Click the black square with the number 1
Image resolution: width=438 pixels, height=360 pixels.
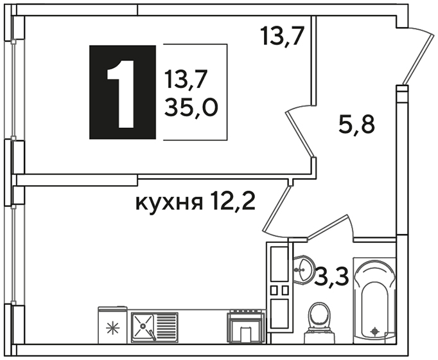123,92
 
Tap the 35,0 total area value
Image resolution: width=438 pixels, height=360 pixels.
191,108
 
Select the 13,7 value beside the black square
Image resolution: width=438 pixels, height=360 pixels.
186,79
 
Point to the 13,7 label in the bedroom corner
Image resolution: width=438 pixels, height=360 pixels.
282,35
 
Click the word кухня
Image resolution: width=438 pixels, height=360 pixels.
169,203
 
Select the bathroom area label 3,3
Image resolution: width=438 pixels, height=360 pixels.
331,276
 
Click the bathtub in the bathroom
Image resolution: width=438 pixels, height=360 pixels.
374,300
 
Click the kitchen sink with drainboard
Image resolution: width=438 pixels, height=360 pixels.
155,328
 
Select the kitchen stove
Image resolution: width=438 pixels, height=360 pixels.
246,326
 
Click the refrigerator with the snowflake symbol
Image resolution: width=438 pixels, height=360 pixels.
112,325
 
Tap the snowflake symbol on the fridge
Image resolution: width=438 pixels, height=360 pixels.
112,328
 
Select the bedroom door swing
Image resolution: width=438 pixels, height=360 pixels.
299,131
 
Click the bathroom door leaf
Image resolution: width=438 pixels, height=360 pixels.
329,226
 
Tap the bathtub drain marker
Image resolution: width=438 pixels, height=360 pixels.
374,332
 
